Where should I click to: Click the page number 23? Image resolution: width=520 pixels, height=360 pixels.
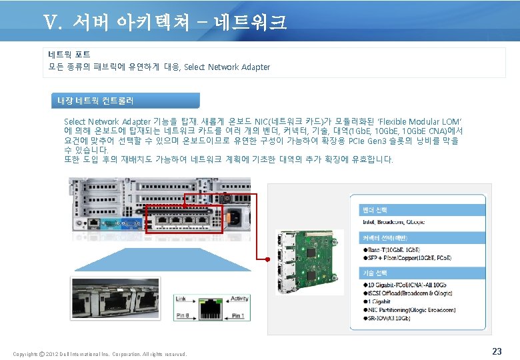(x=496, y=351)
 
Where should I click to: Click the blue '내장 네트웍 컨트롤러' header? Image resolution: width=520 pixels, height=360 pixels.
(x=96, y=101)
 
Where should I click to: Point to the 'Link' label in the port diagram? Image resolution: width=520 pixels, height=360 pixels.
(x=182, y=299)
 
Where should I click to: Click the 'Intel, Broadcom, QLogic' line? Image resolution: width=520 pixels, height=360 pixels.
(x=393, y=222)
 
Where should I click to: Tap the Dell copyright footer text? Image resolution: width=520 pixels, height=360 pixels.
(x=100, y=353)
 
